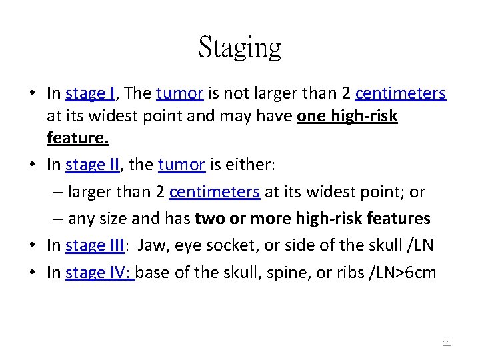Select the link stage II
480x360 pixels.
coord(93,165)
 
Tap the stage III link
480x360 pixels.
coord(95,245)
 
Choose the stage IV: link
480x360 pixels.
coord(100,273)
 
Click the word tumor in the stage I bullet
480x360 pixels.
coord(179,93)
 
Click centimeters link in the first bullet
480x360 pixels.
coord(400,93)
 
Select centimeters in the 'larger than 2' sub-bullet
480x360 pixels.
coord(215,192)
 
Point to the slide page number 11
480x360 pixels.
coord(446,343)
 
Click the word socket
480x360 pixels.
coord(235,245)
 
